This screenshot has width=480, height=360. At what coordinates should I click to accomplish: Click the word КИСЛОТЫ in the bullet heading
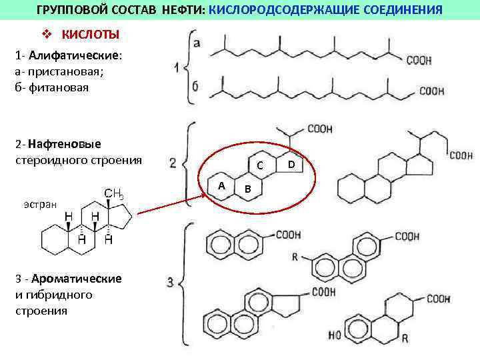91,35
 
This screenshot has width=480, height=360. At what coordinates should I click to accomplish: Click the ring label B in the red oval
247,189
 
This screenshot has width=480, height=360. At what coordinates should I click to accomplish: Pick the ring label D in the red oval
291,163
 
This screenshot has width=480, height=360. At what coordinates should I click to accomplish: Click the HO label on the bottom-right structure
336,333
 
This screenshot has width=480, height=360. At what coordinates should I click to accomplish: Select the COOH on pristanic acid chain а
418,61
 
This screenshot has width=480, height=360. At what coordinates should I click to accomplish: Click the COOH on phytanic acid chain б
431,91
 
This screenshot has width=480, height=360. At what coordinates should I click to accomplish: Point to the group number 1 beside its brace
176,68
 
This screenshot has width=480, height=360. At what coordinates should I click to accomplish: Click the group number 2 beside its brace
173,162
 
